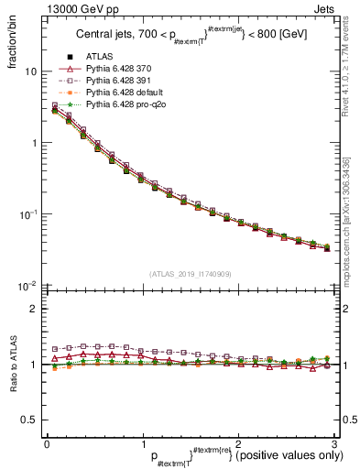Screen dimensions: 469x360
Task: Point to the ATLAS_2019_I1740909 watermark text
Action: (191, 274)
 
